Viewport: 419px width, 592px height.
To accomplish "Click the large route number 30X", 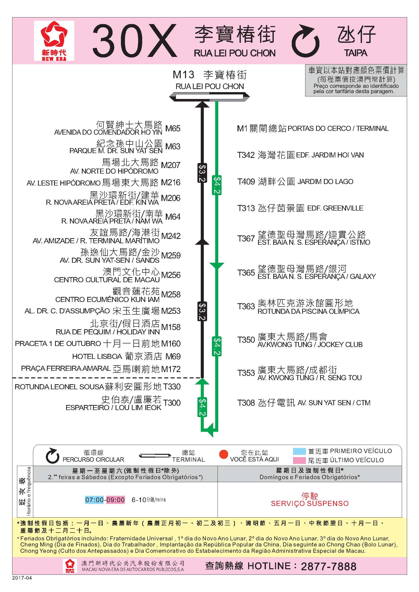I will pyautogui.click(x=135, y=41).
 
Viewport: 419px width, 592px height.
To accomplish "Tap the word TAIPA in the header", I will pyautogui.click(x=355, y=53).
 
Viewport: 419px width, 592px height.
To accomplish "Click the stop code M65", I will pyautogui.click(x=173, y=128).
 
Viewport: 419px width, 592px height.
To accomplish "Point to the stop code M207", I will pyautogui.click(x=170, y=165).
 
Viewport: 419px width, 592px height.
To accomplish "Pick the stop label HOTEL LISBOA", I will pyautogui.click(x=97, y=356).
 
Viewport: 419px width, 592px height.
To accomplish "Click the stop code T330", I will pyautogui.click(x=172, y=386).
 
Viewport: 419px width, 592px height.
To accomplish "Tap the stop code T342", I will pyautogui.click(x=246, y=155).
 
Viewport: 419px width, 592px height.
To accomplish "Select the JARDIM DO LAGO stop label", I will pyautogui.click(x=325, y=181).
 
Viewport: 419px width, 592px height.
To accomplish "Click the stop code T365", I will pyautogui.click(x=246, y=273).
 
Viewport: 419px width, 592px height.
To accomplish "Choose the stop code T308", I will pyautogui.click(x=246, y=402).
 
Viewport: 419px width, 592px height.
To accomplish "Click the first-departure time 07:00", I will pyautogui.click(x=95, y=500).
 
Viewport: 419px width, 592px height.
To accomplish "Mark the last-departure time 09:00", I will pyautogui.click(x=115, y=500).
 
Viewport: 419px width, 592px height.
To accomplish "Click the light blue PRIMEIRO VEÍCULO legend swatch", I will pyautogui.click(x=299, y=451).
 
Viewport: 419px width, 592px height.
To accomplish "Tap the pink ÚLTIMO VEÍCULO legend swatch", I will pyautogui.click(x=299, y=460).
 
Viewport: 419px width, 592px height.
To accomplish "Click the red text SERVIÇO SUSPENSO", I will pyautogui.click(x=309, y=503).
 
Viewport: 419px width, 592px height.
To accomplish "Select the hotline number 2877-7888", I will pyautogui.click(x=329, y=566).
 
